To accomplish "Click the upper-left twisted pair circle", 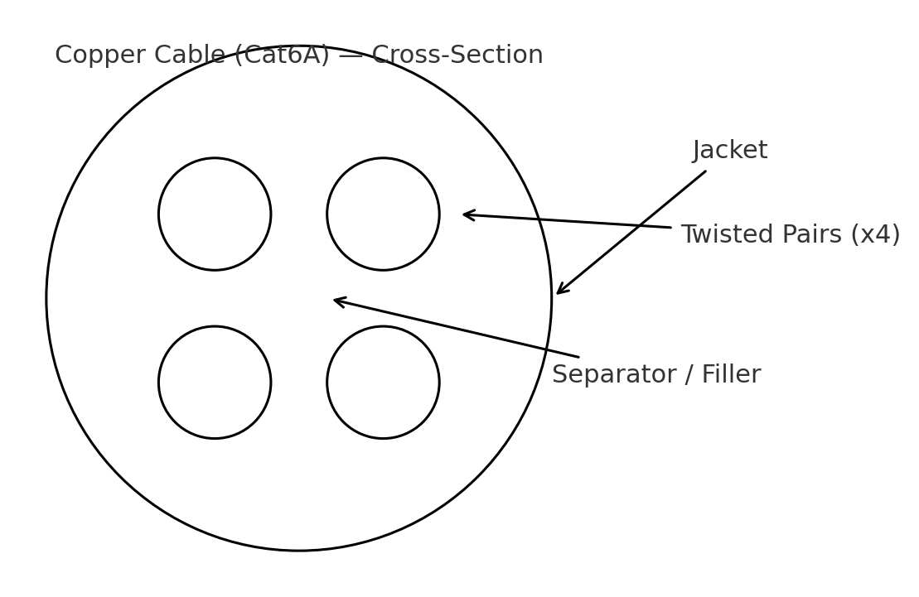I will (x=215, y=214).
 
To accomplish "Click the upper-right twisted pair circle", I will (x=383, y=214).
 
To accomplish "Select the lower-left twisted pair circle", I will (x=215, y=382).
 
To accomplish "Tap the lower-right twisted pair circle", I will (x=383, y=382).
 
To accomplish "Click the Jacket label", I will (x=730, y=151).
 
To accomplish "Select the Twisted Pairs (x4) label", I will (x=790, y=235).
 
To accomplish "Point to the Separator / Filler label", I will (x=655, y=375).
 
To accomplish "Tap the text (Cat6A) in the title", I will (x=282, y=55).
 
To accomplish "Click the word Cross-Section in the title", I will (x=457, y=55).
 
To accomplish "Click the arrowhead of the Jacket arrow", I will (x=559, y=291).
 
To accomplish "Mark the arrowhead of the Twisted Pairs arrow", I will (x=466, y=214).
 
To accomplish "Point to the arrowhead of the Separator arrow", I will (x=336, y=300).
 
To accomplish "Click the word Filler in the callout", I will (x=731, y=375).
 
